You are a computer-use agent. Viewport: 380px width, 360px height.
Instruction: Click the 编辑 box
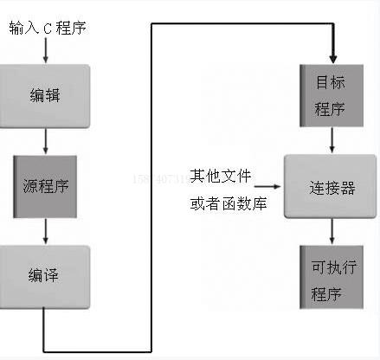(x=45, y=94)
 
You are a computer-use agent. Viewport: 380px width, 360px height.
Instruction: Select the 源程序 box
(x=45, y=186)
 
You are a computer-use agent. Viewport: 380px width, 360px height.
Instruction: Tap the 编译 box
(x=45, y=277)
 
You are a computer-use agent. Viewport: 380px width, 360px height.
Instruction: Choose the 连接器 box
(x=332, y=186)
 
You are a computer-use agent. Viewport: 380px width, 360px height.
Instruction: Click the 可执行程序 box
(x=330, y=277)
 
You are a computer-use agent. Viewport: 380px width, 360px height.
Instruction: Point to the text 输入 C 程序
(x=48, y=29)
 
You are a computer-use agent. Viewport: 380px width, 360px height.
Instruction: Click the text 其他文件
(x=221, y=177)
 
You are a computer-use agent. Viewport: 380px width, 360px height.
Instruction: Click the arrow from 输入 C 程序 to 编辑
(x=45, y=51)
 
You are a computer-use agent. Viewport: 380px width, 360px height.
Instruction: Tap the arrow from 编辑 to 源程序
(x=45, y=141)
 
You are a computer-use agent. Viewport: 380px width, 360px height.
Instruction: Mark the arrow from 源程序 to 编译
(x=45, y=231)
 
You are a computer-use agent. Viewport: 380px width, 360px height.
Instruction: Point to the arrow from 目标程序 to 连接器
(x=332, y=141)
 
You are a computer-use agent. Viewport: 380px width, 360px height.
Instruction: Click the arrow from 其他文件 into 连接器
(x=269, y=186)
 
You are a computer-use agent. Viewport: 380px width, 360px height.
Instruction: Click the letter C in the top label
(x=50, y=29)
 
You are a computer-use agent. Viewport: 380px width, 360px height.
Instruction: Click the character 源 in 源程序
(x=29, y=186)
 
